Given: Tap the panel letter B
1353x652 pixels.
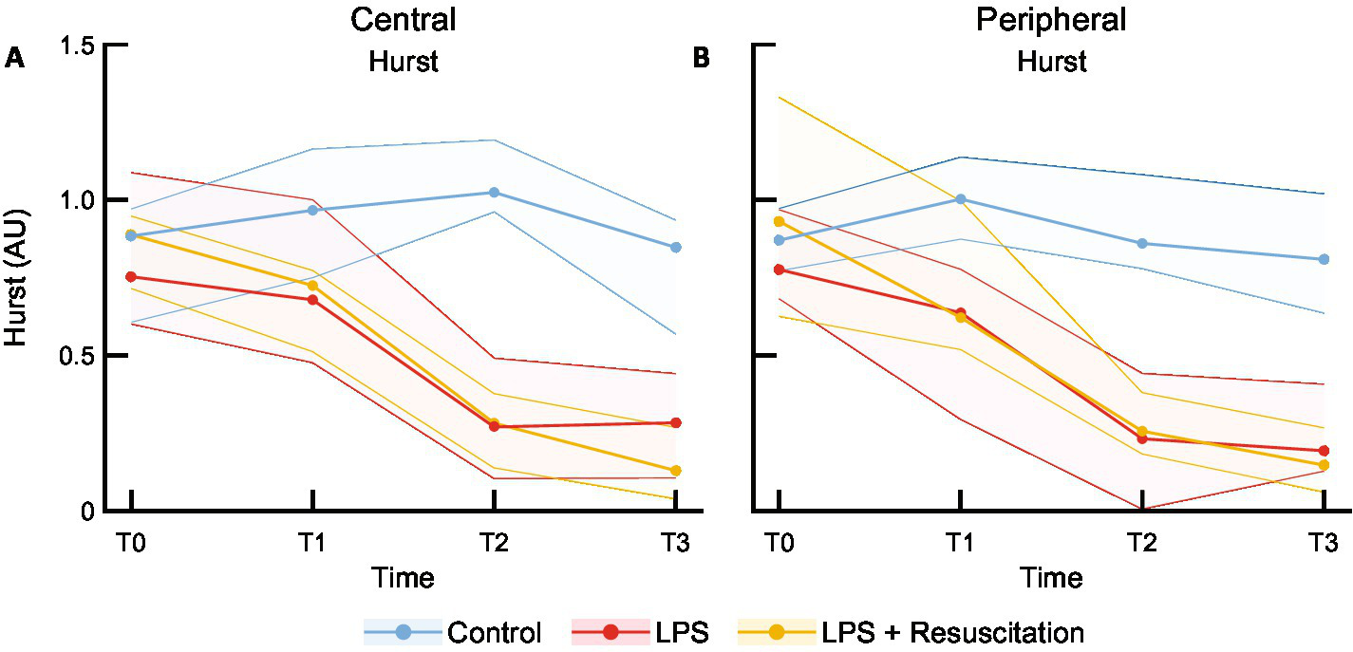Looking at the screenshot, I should [x=702, y=59].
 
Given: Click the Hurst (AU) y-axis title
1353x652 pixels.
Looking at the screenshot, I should [x=19, y=278].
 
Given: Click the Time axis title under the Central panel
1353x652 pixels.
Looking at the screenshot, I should [x=404, y=577].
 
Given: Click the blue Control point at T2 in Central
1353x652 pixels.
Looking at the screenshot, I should [x=494, y=193].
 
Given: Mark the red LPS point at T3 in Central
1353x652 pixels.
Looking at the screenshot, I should [x=675, y=422].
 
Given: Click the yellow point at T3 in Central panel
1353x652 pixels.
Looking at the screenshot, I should [x=675, y=471].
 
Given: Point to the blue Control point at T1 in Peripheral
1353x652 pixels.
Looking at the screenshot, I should [x=961, y=199].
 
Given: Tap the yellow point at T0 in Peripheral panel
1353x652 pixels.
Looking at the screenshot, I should [x=780, y=221].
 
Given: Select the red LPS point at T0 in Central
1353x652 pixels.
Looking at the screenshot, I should [x=131, y=276].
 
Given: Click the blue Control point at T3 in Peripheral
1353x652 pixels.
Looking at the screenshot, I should [x=1324, y=259].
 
